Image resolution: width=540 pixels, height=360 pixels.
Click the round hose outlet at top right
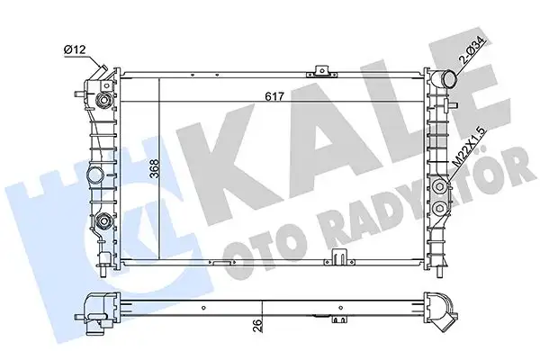coord(442,83)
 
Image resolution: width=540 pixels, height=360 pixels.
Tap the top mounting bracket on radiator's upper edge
coord(322,68)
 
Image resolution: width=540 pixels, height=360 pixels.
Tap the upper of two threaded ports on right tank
coord(439,187)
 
